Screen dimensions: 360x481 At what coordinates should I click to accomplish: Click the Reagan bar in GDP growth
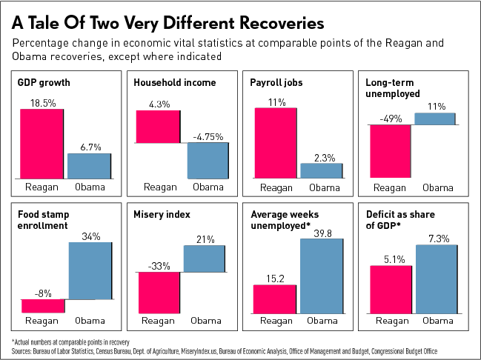tap(42, 144)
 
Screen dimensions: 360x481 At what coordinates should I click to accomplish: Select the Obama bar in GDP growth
tap(89, 165)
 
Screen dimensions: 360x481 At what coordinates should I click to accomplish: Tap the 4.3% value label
tap(158, 104)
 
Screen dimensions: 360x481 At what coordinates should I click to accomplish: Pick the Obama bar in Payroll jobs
tap(321, 170)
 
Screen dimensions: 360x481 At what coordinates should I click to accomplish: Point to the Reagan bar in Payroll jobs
tap(275, 142)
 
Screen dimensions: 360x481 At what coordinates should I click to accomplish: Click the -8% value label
tap(43, 293)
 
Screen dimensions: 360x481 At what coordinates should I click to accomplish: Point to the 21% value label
tap(205, 239)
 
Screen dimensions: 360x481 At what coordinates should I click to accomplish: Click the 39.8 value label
tap(322, 233)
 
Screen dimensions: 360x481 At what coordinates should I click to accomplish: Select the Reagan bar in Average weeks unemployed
tap(275, 298)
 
